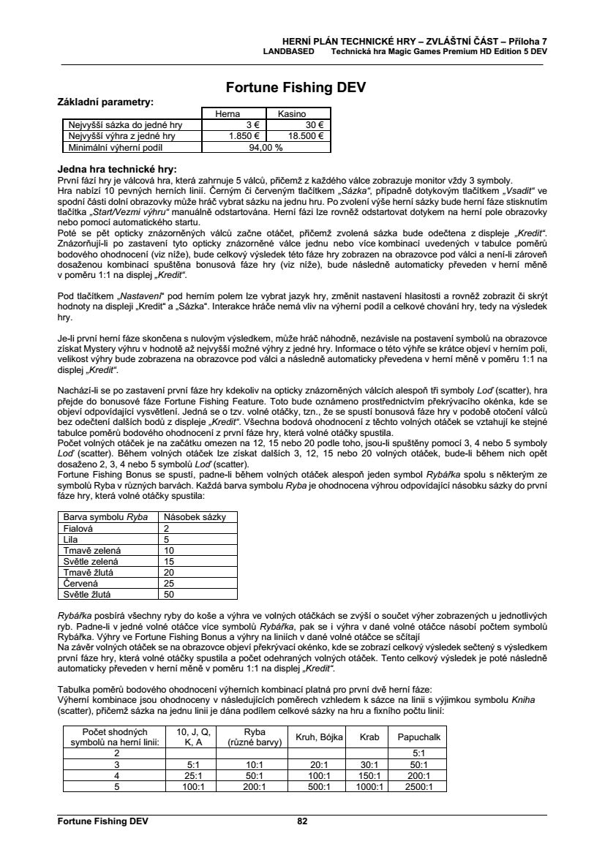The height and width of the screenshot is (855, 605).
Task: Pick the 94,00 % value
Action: pos(266,146)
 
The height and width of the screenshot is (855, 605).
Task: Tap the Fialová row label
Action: pos(80,528)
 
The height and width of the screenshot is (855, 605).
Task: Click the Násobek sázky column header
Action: pos(194,517)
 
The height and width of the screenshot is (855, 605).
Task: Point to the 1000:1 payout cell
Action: pos(369,786)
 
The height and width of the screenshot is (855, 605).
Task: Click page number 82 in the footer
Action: pos(302,821)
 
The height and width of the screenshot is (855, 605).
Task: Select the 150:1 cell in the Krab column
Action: pos(369,775)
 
